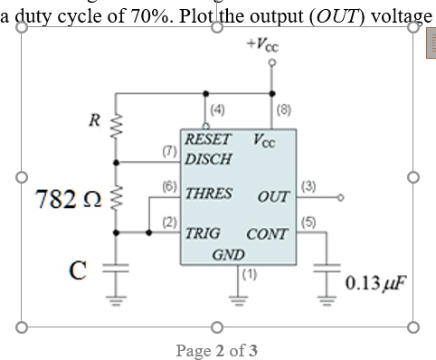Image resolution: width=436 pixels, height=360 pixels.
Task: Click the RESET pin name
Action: tap(208, 141)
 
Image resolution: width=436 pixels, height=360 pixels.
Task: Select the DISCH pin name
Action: tap(208, 158)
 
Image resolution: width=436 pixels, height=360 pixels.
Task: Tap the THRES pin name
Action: tap(208, 193)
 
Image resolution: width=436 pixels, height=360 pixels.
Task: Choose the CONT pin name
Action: tap(267, 233)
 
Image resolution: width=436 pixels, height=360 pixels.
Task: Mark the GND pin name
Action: tap(227, 255)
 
